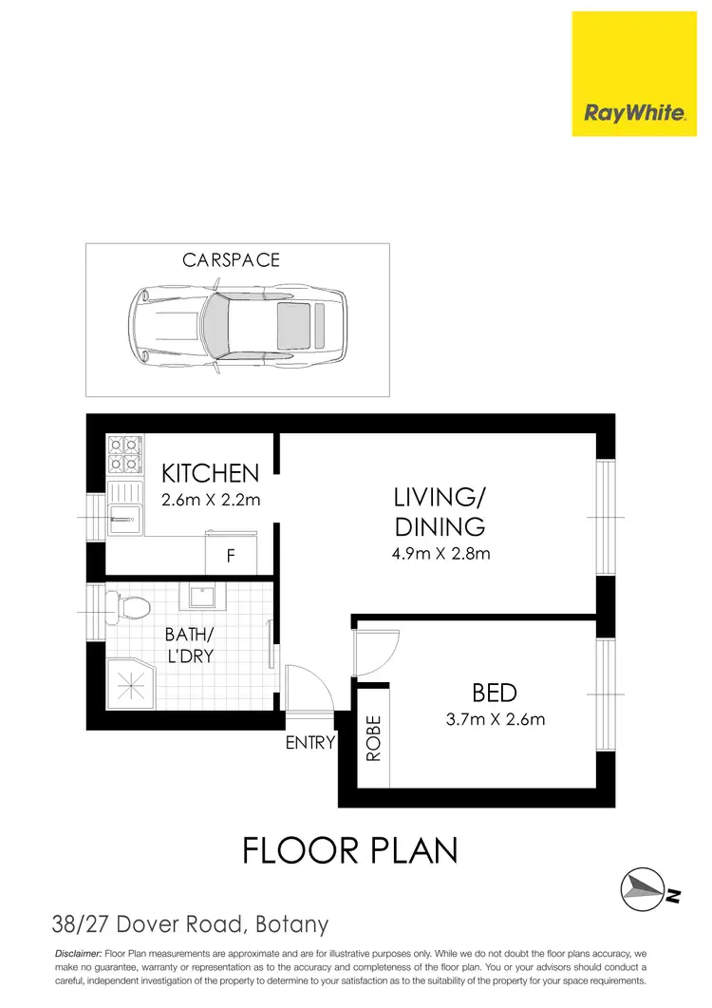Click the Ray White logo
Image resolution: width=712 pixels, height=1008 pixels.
tap(634, 74)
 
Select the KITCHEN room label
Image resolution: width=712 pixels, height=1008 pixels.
tap(210, 473)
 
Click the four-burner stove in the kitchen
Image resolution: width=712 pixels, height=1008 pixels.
tap(123, 456)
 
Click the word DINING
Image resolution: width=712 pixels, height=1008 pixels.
tap(440, 526)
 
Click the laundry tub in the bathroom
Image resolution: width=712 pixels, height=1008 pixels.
tap(200, 596)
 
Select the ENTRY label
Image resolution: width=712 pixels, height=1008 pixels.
tap(309, 744)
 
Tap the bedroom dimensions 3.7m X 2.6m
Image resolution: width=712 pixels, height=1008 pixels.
tap(495, 719)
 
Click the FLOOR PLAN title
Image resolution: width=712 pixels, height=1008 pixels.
tap(350, 850)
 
